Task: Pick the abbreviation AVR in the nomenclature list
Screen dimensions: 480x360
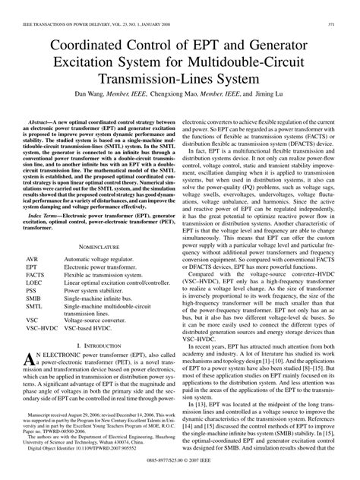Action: (33, 259)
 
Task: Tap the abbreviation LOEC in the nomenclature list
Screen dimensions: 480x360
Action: (36, 281)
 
